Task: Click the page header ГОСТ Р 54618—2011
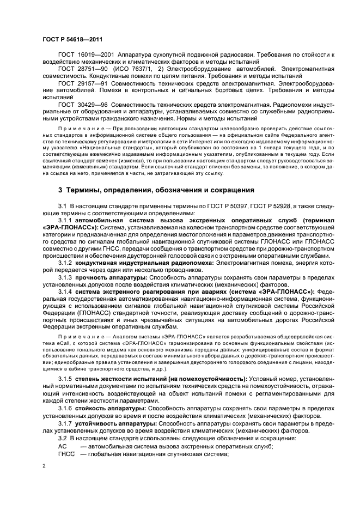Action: pos(71,40)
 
